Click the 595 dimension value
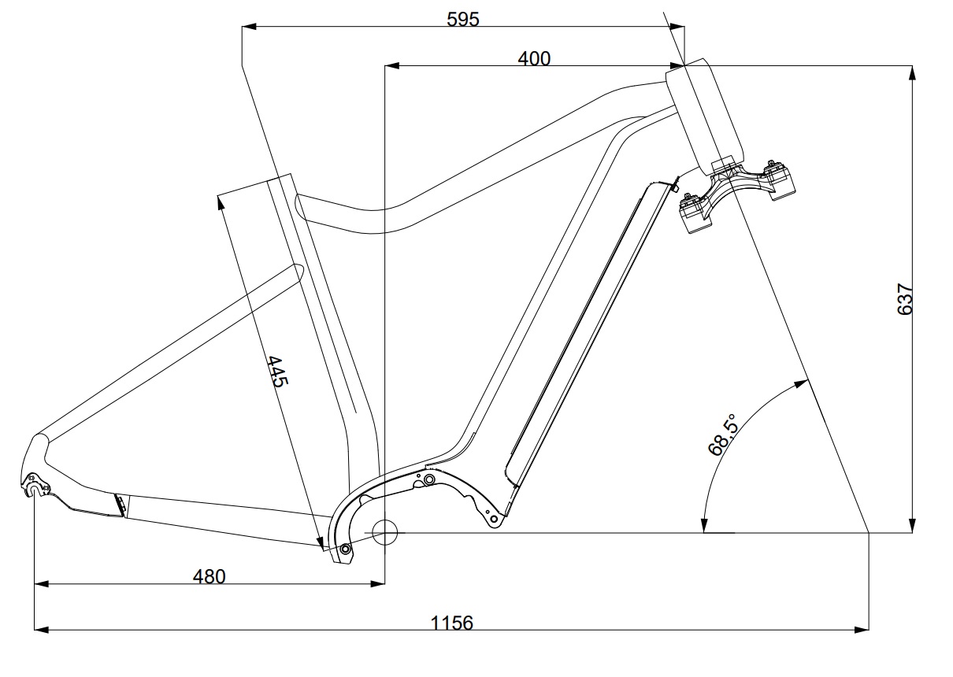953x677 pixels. [x=463, y=19]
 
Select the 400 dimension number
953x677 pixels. [x=534, y=59]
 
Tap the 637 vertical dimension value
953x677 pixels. [x=905, y=299]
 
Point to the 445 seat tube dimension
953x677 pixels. [x=278, y=372]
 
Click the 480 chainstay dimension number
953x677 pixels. [x=209, y=577]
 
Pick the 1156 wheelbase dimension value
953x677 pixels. [x=452, y=623]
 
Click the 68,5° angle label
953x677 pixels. [x=722, y=435]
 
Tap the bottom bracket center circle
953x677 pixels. [x=384, y=532]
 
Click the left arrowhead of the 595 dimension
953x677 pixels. [x=250, y=26]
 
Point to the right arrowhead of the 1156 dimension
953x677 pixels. [x=862, y=629]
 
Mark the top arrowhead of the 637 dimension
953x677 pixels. [x=912, y=72]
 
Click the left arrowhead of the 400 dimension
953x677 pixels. [x=392, y=66]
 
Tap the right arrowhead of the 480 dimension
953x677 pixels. [x=377, y=584]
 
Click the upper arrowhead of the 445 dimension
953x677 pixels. [x=221, y=202]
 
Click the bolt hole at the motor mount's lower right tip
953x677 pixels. [x=494, y=520]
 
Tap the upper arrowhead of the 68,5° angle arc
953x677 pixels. [x=802, y=383]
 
